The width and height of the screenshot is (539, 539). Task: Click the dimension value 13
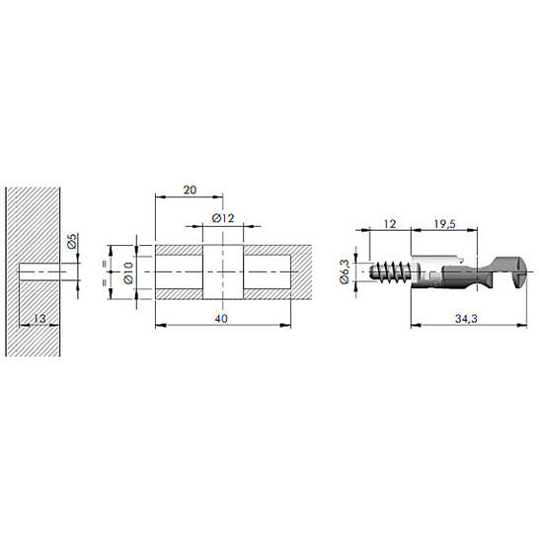[39, 319]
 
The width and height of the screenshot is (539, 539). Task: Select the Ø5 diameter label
[72, 241]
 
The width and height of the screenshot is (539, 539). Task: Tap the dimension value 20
[190, 190]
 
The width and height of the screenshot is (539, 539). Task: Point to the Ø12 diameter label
[223, 218]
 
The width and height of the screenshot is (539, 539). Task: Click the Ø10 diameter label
[128, 272]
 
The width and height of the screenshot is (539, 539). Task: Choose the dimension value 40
[221, 319]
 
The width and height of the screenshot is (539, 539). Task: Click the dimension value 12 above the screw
[390, 224]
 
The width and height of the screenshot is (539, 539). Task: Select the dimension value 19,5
[444, 224]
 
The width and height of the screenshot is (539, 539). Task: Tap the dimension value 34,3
[466, 319]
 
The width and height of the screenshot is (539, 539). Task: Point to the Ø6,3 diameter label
[345, 271]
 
